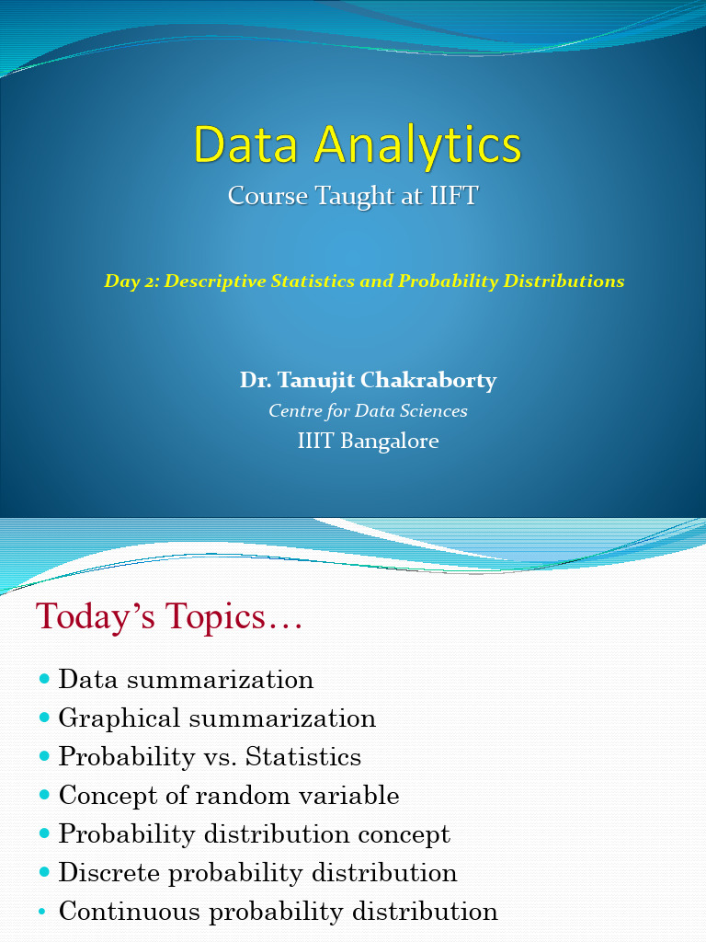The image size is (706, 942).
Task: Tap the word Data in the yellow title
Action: coord(242,145)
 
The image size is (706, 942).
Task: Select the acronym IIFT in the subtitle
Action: coord(453,196)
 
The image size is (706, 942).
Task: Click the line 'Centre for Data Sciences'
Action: coord(368,411)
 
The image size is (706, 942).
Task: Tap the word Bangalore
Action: coord(389,442)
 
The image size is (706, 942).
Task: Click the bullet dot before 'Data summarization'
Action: coord(45,679)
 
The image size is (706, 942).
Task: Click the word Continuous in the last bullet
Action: coord(130,912)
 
